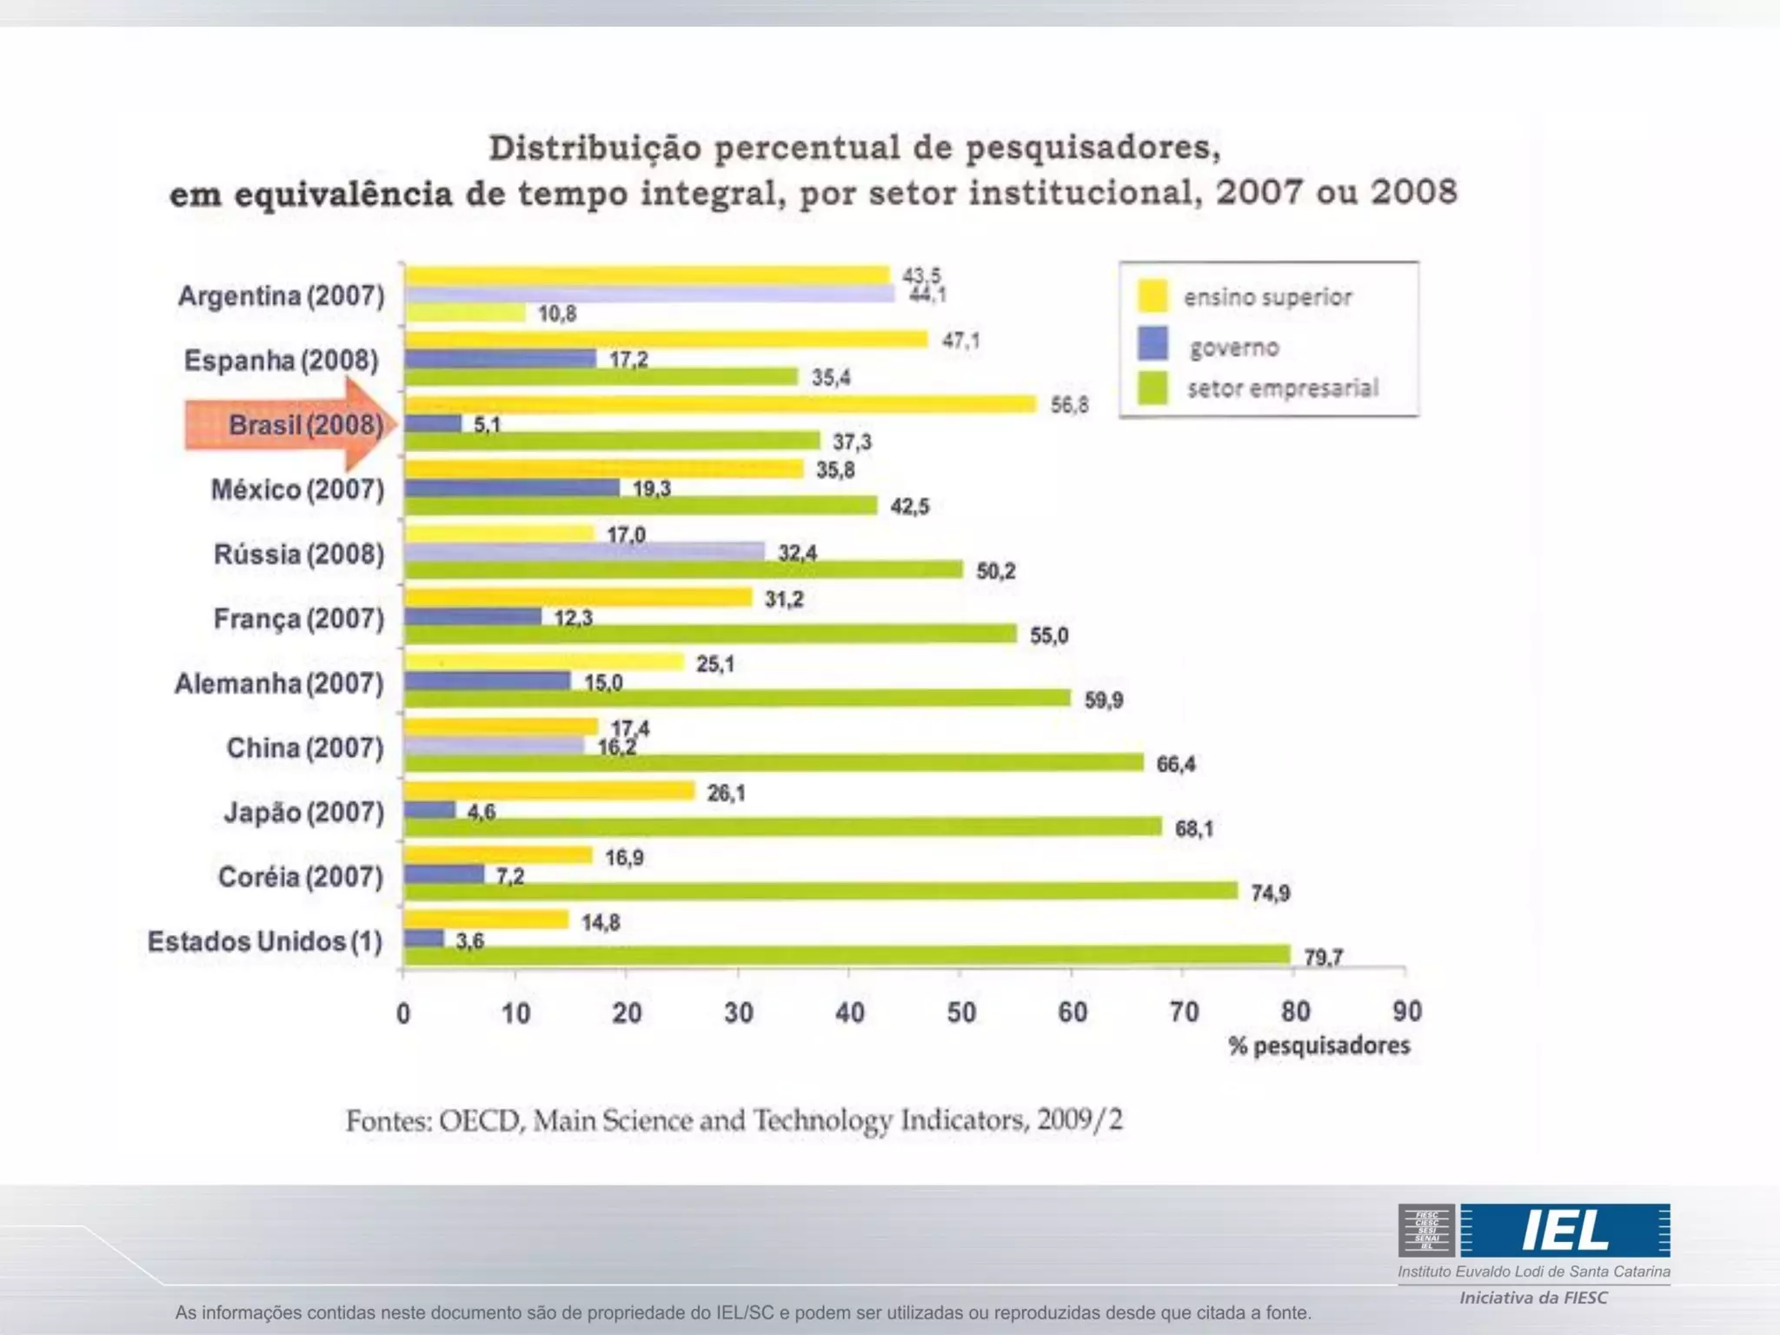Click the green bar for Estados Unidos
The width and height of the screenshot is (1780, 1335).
[x=847, y=955]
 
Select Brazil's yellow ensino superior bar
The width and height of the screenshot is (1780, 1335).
[x=721, y=404]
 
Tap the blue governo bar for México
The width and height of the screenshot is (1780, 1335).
[x=512, y=488]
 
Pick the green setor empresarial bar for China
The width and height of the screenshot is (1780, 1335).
[x=774, y=762]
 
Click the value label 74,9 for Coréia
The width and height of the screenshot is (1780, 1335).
[x=1270, y=893]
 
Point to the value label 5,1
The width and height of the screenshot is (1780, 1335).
[x=487, y=425]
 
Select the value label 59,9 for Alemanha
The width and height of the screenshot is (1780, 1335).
[x=1103, y=700]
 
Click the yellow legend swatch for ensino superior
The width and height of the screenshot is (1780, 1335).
[x=1152, y=296]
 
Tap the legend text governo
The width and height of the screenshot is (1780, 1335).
[x=1234, y=348]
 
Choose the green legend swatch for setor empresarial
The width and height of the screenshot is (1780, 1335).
[x=1152, y=388]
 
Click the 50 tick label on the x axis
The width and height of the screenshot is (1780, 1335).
[x=961, y=1013]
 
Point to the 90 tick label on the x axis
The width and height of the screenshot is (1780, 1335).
[x=1407, y=1012]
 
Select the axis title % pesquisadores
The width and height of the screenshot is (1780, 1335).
[x=1318, y=1046]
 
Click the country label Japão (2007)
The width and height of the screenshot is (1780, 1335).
[x=303, y=813]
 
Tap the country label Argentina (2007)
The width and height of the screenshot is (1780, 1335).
[x=281, y=296]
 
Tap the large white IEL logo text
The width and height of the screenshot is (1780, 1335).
[x=1565, y=1230]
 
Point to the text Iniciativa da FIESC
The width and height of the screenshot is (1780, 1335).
[x=1533, y=1298]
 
